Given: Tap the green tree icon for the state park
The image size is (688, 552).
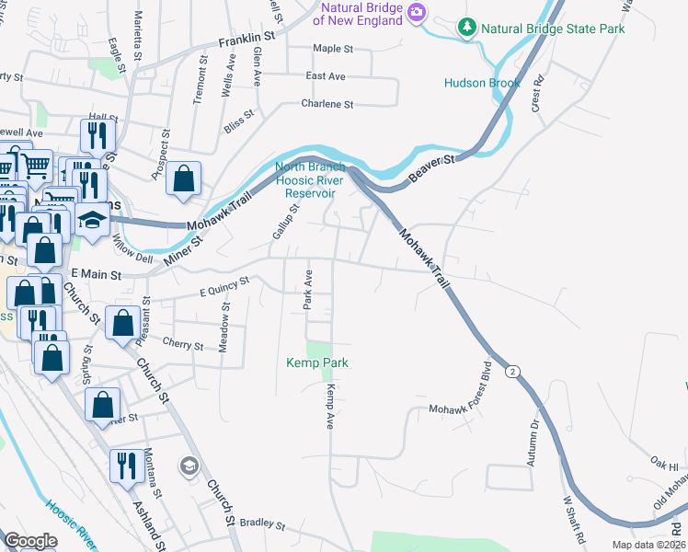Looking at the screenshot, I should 468,29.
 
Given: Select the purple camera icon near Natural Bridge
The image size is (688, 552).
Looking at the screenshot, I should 417,12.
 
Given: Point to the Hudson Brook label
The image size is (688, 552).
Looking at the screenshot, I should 481,83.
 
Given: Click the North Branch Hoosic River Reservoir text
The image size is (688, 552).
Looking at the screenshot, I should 310,180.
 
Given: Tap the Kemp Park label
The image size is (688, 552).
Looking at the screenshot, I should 316,363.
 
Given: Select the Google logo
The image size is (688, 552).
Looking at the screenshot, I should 30,541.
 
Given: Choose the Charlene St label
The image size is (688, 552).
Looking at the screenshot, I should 327,105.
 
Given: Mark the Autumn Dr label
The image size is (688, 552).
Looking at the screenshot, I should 533,443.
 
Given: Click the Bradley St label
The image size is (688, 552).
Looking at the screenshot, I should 263,523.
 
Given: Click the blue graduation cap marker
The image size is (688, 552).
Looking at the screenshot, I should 92,221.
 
